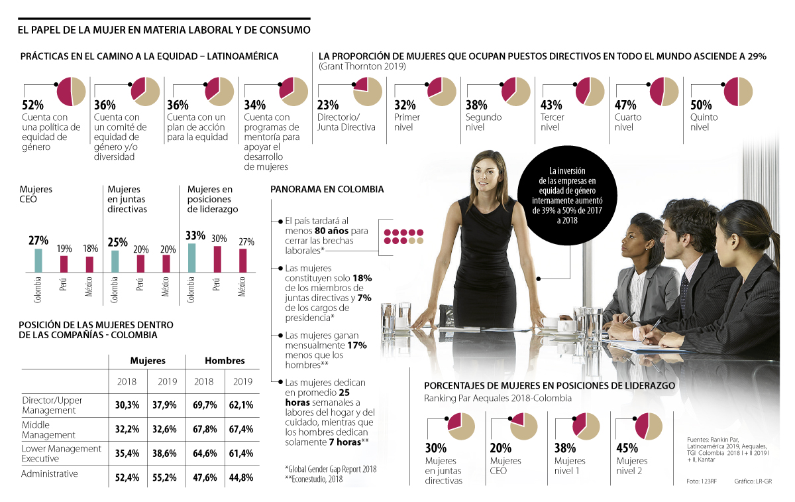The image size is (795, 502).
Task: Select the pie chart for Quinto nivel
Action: (737, 92)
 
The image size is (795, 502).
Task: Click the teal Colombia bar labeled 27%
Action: (38, 260)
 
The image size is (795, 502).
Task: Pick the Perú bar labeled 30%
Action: (217, 259)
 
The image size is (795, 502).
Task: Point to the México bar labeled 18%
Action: (89, 264)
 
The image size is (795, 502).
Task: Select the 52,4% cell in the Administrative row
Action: (127, 477)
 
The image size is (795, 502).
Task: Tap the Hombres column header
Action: (225, 361)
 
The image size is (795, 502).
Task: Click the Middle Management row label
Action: (49, 429)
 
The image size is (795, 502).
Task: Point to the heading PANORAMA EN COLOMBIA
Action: (327, 189)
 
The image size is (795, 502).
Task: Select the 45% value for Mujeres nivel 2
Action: (627, 448)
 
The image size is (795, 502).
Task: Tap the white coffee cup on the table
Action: (549, 324)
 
